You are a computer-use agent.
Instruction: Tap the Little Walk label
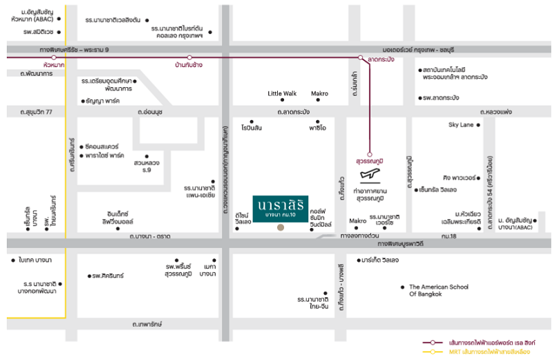tap(282, 93)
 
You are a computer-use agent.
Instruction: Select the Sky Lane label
tap(462, 125)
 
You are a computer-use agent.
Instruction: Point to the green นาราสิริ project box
tap(280, 206)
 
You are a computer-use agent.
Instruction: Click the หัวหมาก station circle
tap(54, 57)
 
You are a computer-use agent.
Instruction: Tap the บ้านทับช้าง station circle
tap(189, 57)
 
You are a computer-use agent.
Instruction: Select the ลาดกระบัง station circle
tap(360, 57)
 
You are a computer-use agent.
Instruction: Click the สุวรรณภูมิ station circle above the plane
tap(370, 154)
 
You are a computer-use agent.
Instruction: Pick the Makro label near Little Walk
tap(319, 93)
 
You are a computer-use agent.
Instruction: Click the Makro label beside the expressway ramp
tap(357, 221)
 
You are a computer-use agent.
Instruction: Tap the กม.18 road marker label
tap(448, 236)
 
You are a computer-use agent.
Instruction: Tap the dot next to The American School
tap(402, 286)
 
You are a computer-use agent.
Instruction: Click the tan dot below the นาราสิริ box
tap(280, 227)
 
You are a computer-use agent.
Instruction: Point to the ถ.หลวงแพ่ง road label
tap(496, 111)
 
